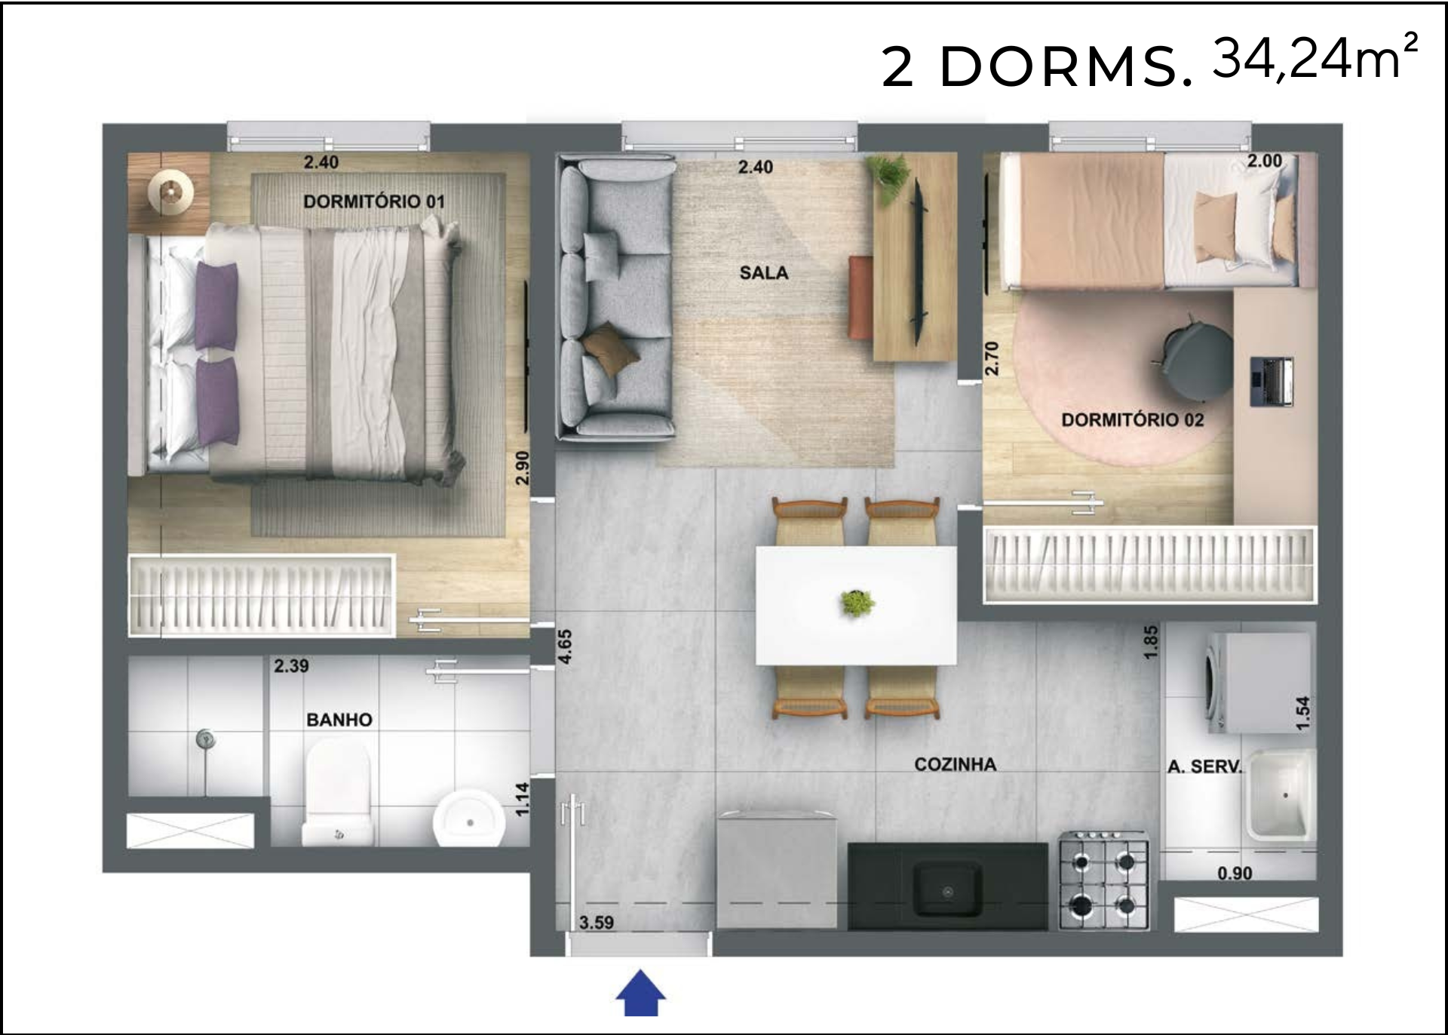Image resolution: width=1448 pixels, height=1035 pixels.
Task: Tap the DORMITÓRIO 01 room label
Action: point(374,201)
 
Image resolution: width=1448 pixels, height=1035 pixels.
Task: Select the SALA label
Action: point(764,272)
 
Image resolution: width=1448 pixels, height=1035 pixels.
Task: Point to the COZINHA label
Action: point(956,764)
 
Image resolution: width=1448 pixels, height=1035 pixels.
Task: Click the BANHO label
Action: point(339,720)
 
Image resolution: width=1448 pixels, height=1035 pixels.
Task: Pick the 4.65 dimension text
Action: point(565,646)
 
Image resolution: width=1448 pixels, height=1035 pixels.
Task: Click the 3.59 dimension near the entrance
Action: point(597,922)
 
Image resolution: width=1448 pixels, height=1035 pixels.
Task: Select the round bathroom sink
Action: point(469,819)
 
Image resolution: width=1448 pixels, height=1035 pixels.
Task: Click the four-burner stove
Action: point(1104,880)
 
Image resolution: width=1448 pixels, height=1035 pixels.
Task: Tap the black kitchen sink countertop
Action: point(948,886)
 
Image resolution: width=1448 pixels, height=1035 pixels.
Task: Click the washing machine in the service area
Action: point(1259,683)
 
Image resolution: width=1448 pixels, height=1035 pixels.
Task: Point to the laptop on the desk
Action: point(1272,382)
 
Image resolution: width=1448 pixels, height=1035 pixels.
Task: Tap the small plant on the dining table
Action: point(857,603)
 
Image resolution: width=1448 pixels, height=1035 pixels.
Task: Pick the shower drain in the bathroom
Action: point(204,739)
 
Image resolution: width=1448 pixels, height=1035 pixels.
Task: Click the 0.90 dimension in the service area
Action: point(1235,873)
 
